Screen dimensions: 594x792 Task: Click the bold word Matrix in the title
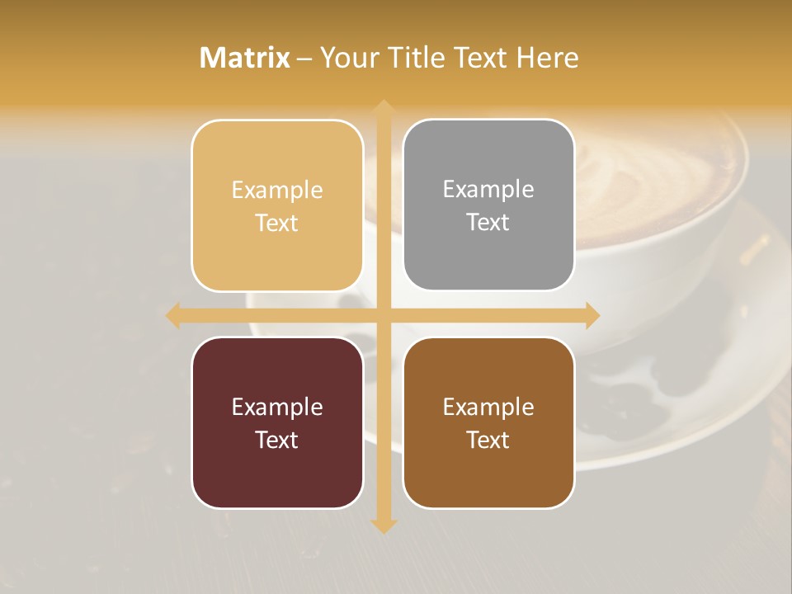click(245, 58)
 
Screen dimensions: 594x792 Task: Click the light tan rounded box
click(277, 205)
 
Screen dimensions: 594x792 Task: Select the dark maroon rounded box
click(277, 422)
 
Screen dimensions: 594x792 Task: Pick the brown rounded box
click(488, 422)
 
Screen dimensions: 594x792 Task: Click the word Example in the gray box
click(488, 189)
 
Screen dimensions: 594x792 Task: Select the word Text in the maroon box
click(277, 440)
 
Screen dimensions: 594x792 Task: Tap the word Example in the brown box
click(488, 407)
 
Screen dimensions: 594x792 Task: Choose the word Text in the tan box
click(277, 223)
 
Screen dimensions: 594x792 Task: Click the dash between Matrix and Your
click(304, 59)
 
